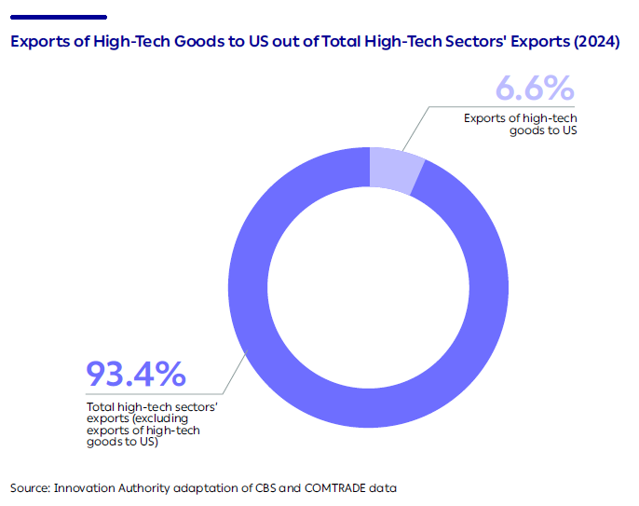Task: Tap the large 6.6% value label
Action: coord(534,90)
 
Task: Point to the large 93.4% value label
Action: coord(136,375)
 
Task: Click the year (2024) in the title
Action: coord(594,43)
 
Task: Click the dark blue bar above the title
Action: coord(58,17)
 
